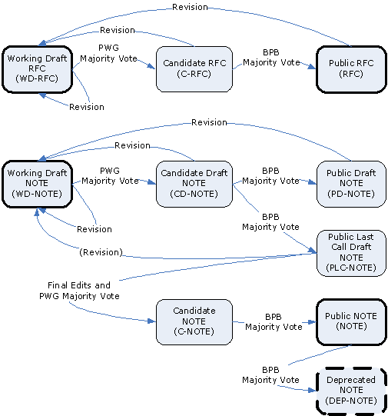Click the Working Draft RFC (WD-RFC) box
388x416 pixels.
click(37, 69)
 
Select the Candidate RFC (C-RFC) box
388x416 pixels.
click(194, 69)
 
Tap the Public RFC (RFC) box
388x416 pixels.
click(351, 69)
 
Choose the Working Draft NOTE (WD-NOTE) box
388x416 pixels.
click(37, 184)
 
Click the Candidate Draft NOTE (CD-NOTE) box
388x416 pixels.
click(194, 184)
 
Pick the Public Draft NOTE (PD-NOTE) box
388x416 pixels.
click(351, 184)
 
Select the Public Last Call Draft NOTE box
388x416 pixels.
click(351, 253)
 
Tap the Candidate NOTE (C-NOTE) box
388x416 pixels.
click(194, 322)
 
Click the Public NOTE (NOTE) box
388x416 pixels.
click(351, 322)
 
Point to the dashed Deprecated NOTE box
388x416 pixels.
click(351, 391)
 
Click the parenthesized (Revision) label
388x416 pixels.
click(101, 252)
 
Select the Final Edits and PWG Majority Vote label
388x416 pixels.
click(79, 291)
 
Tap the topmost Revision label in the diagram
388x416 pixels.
click(190, 7)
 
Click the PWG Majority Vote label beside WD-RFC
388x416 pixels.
click(108, 53)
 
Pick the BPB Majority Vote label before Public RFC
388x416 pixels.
click(271, 58)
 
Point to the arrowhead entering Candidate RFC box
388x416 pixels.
click(151, 66)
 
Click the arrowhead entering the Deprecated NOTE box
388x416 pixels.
click(313, 391)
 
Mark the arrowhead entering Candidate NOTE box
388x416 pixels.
click(152, 321)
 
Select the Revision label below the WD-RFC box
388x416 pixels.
click(87, 107)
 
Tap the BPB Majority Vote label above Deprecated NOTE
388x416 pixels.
click(270, 374)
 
